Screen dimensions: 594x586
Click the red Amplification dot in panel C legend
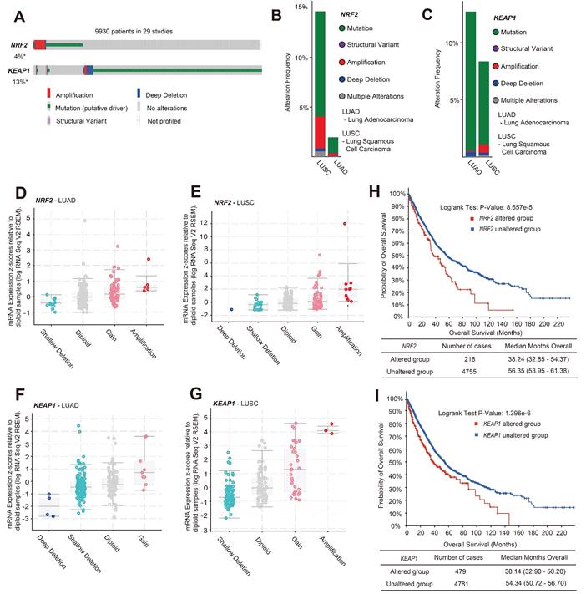pyautogui.click(x=496, y=65)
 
